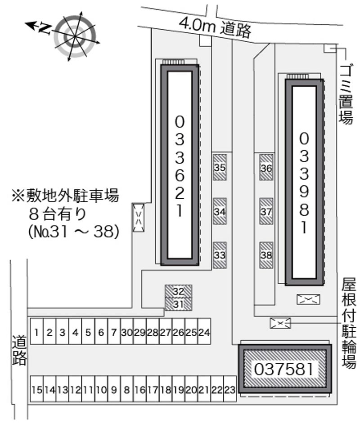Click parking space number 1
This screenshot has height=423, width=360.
pyautogui.click(x=37, y=332)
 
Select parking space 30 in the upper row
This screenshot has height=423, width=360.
pyautogui.click(x=126, y=332)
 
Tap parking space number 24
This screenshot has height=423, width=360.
pyautogui.click(x=204, y=332)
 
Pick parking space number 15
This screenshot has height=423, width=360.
pyautogui.click(x=37, y=389)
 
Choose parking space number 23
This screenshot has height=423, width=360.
pyautogui.click(x=230, y=389)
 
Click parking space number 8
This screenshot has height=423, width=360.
pyautogui.click(x=126, y=389)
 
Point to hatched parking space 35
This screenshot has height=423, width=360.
pyautogui.click(x=220, y=167)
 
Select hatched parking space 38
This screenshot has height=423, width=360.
pyautogui.click(x=266, y=255)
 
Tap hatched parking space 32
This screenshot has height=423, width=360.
pyautogui.click(x=179, y=291)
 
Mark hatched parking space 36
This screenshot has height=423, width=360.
pyautogui.click(x=266, y=167)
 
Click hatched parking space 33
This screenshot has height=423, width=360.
pyautogui.click(x=220, y=255)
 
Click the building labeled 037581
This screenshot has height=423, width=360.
pyautogui.click(x=285, y=369)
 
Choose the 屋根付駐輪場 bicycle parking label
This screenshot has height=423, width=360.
pyautogui.click(x=349, y=323)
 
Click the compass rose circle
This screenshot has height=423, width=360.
pyautogui.click(x=75, y=36)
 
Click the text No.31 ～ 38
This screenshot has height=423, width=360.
pyautogui.click(x=73, y=232)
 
